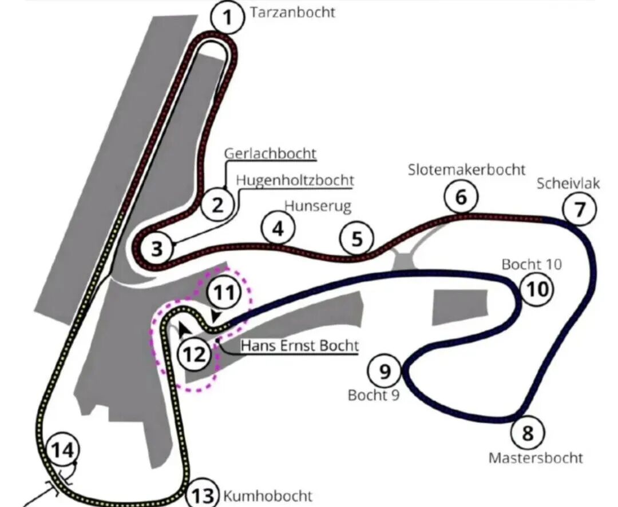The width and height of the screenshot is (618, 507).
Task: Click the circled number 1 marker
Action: (227, 17)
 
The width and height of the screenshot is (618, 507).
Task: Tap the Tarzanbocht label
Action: (292, 12)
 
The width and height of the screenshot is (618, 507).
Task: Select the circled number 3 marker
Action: (157, 249)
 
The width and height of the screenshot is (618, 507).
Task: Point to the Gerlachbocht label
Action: (270, 154)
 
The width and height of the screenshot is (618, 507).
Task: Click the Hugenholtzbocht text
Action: (295, 180)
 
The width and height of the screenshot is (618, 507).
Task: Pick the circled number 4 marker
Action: (278, 229)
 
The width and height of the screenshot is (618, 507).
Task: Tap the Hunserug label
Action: (318, 206)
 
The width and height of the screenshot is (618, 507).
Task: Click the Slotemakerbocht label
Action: (467, 170)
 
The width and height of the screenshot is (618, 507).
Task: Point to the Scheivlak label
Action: (568, 183)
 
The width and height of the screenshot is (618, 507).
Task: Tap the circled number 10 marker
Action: (537, 289)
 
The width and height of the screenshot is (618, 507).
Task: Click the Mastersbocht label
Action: (536, 458)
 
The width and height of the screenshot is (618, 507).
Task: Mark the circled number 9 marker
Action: (385, 371)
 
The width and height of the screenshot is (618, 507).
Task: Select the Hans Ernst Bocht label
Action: (300, 346)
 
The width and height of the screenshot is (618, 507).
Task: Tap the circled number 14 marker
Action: (62, 449)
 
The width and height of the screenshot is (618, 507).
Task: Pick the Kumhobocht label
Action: (268, 496)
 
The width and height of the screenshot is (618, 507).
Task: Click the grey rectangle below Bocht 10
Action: (460, 308)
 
